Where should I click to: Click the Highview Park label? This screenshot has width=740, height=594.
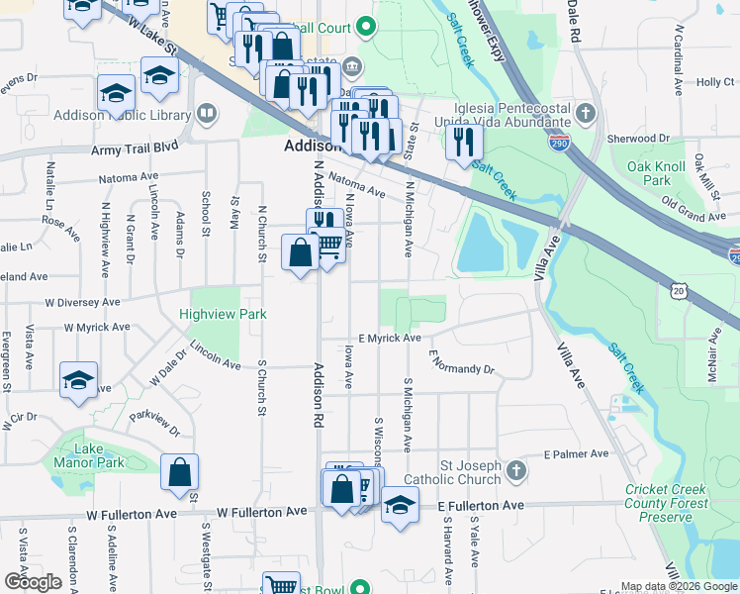(225, 314)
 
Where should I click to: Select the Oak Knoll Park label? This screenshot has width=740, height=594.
(650, 174)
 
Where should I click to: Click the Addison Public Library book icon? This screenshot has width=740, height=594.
(207, 114)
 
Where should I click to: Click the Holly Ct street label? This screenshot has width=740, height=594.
(716, 82)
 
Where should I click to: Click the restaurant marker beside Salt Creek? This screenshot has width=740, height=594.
(463, 142)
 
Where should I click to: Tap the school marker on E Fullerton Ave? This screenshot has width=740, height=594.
(399, 507)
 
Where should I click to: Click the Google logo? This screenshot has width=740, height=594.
(33, 582)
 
